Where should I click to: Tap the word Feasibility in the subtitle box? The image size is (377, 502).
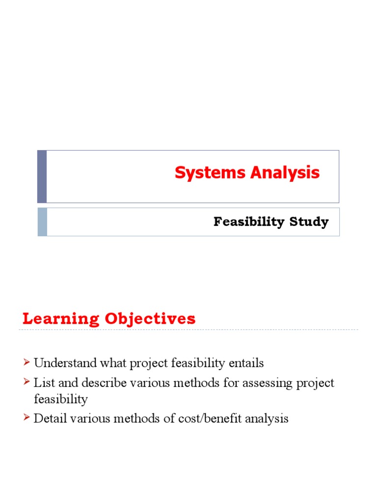[242, 222]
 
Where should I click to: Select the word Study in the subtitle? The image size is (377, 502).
[309, 222]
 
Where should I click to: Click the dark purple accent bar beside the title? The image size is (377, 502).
[42, 176]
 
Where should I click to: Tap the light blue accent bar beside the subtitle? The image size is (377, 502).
[42, 222]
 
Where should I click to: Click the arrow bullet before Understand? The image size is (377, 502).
[27, 363]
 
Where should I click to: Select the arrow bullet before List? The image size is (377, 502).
[27, 383]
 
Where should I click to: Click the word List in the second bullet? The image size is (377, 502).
[42, 383]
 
